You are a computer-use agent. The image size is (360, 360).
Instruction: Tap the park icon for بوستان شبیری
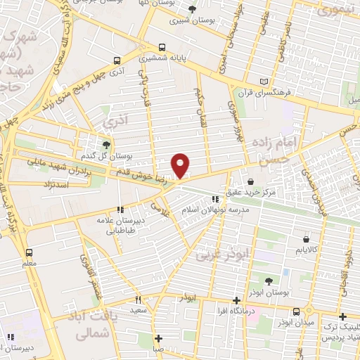tap(193, 9)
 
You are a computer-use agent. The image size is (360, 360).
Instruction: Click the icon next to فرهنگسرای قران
tap(264, 81)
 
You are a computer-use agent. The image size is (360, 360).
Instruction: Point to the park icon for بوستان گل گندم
tap(106, 145)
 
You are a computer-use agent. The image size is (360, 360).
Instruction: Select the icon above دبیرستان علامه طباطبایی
tap(120, 210)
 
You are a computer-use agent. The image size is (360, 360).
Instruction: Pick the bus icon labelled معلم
tap(29, 253)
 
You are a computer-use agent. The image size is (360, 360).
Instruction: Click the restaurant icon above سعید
tap(139, 299)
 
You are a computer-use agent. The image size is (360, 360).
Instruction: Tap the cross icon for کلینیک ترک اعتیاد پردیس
tap(342, 316)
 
